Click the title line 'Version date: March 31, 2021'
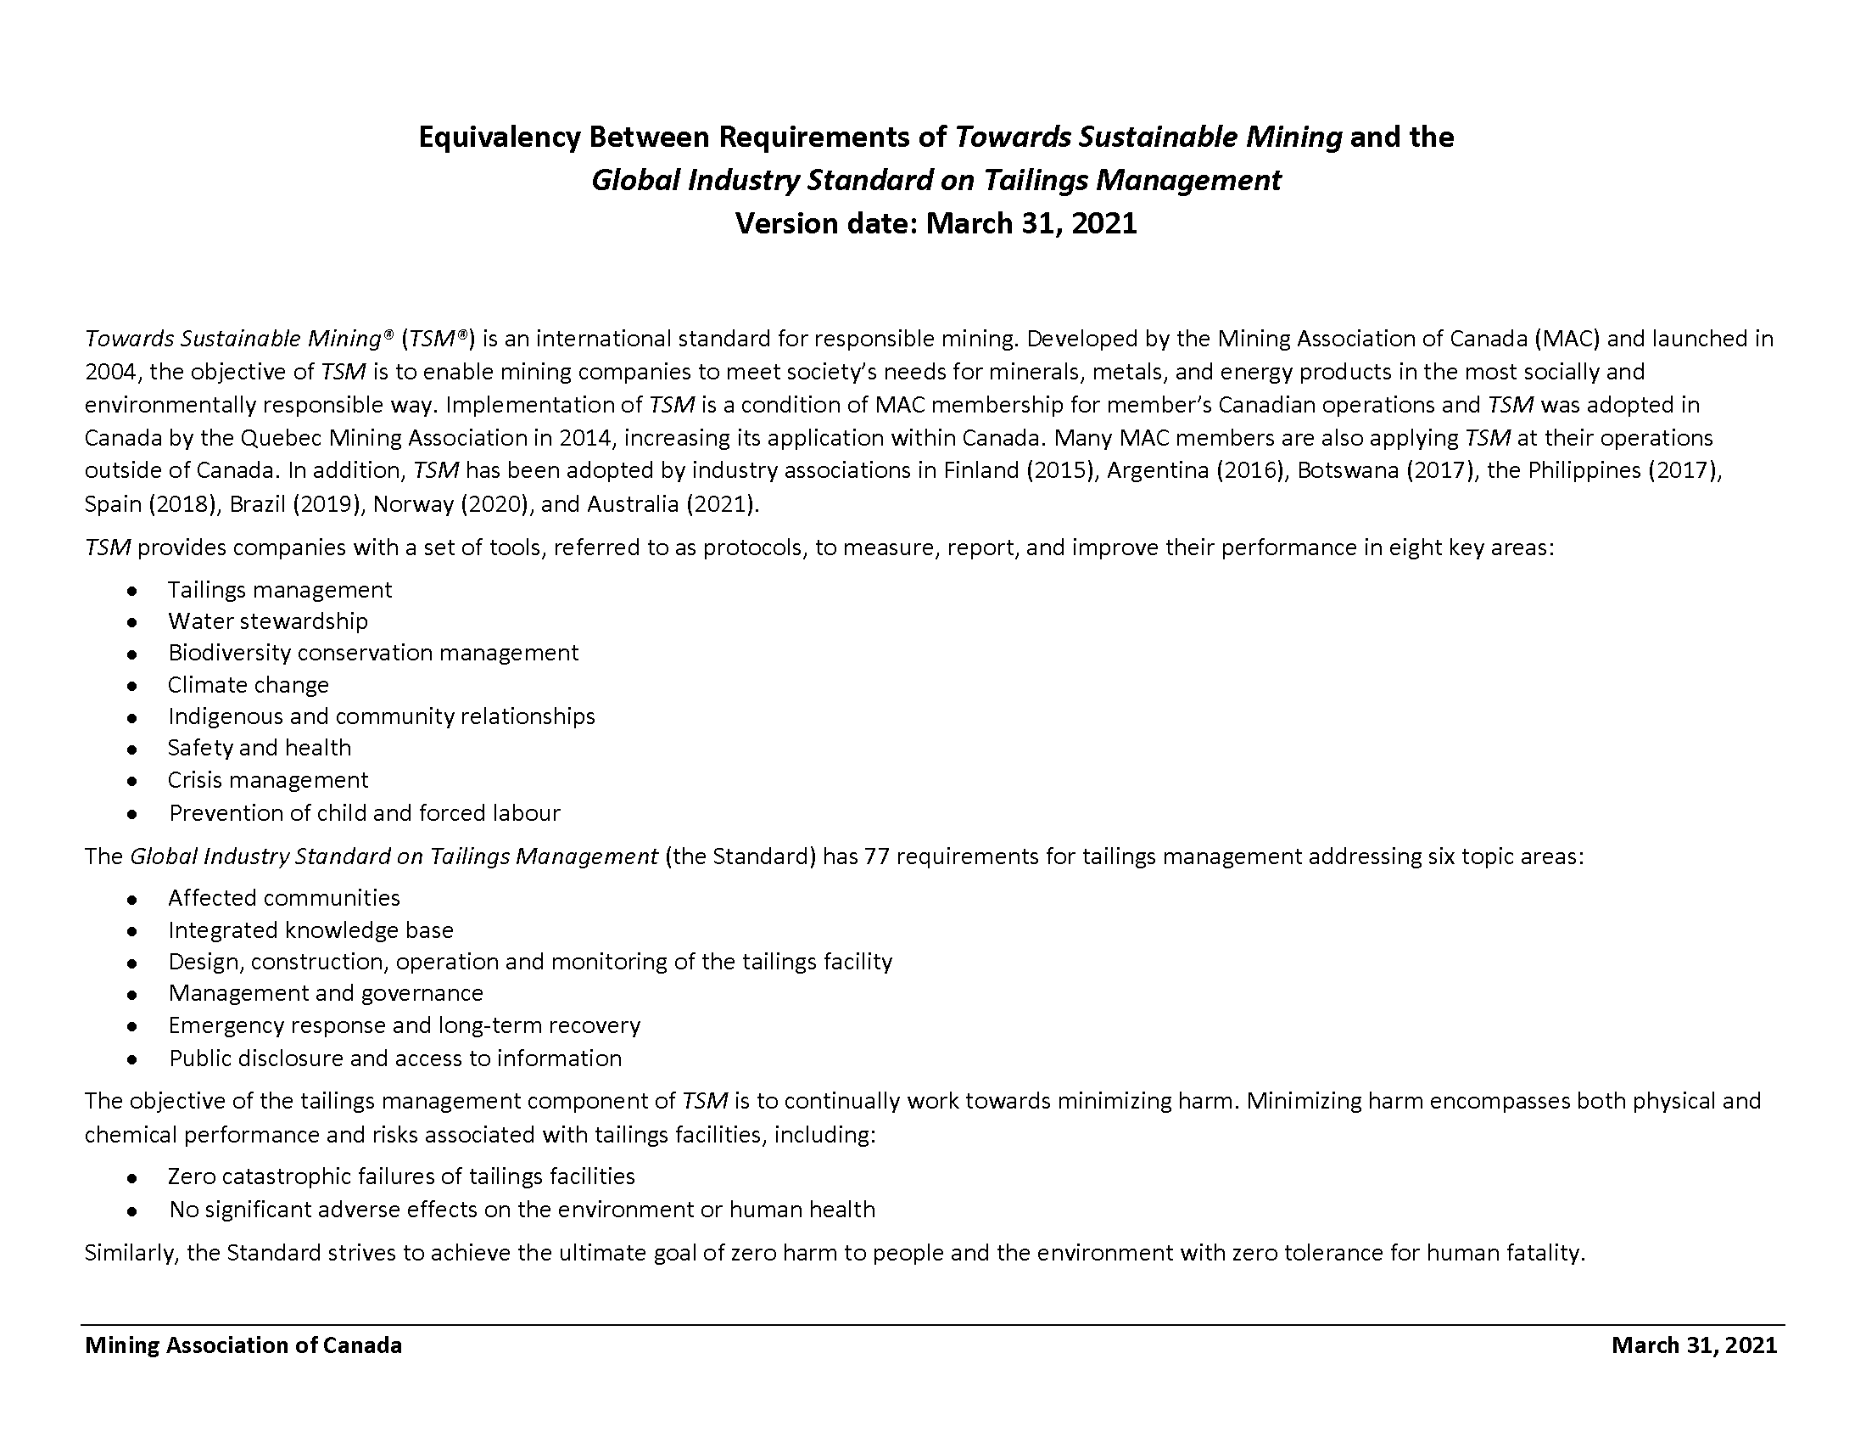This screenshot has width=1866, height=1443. pos(936,224)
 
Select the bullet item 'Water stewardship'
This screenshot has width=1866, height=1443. pos(267,621)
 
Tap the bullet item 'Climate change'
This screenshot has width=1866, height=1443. pos(248,685)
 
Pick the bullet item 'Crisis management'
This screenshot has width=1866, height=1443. pos(267,779)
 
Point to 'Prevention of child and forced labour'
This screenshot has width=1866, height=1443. pos(364,812)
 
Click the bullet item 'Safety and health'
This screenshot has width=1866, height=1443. pos(259,748)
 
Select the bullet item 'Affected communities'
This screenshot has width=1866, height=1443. pos(283,897)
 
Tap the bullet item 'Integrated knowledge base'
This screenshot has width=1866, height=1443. pos(310,930)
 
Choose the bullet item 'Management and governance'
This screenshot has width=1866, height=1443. pos(326,993)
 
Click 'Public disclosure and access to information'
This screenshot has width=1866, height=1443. pos(394,1058)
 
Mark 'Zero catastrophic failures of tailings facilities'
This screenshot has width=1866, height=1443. pos(400,1176)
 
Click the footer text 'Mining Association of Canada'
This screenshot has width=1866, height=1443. pos(243,1345)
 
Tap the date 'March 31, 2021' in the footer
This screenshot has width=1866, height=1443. pos(1694,1345)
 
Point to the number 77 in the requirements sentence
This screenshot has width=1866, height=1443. pos(877,856)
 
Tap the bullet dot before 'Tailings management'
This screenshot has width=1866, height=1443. pos(131,591)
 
